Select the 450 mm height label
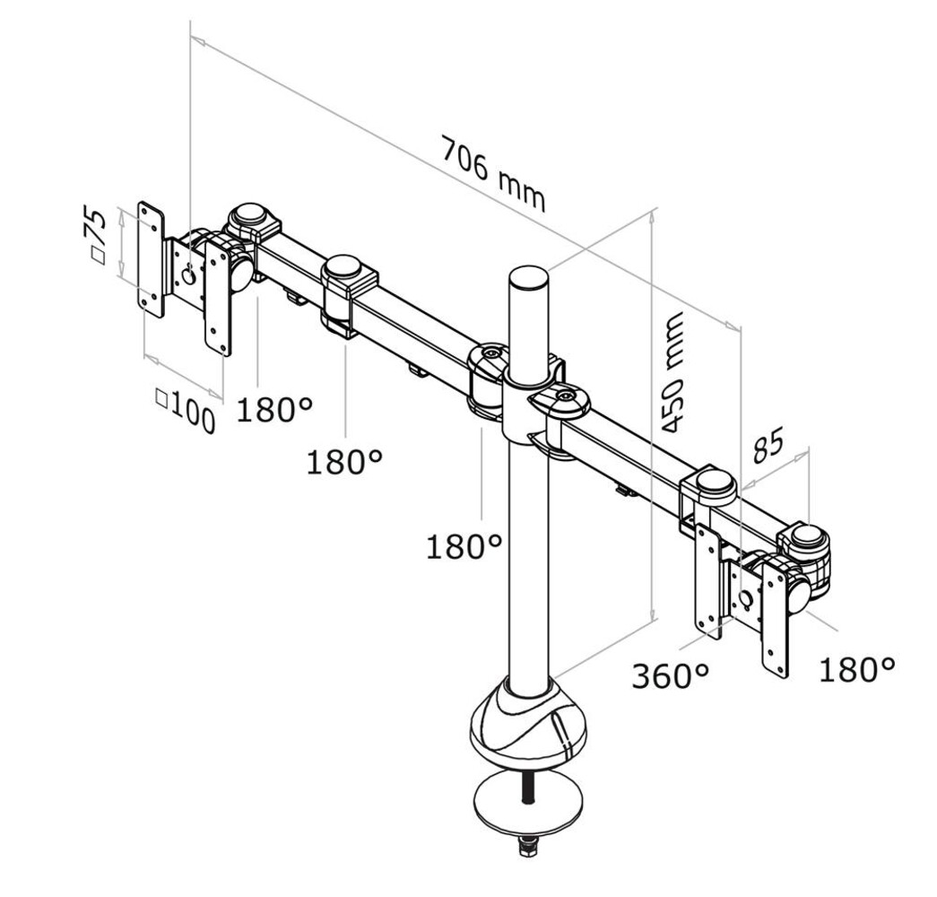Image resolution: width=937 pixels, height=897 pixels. click(x=672, y=372)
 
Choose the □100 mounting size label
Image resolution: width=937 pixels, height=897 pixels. click(x=186, y=410)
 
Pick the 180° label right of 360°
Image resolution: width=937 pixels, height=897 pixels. click(x=856, y=668)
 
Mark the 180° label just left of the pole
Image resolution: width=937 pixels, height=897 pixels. click(x=463, y=546)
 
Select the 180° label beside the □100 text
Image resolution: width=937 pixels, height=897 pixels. click(x=274, y=410)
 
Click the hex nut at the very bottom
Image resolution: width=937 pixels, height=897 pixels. click(x=528, y=844)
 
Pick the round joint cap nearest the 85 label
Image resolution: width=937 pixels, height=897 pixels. click(x=714, y=482)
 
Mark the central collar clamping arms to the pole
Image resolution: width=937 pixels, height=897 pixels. click(x=528, y=395)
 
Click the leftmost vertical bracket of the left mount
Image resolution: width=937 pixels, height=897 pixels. click(x=151, y=258)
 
